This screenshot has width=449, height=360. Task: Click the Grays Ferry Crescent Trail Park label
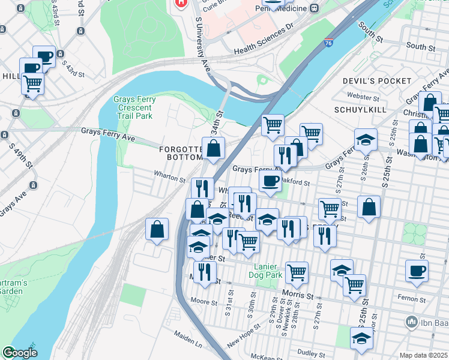[x=135, y=107]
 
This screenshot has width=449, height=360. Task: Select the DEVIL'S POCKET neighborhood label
[x=377, y=80]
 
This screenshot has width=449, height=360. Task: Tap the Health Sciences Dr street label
[x=263, y=40]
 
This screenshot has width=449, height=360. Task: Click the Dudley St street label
[x=310, y=353]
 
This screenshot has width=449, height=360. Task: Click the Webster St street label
[x=364, y=96]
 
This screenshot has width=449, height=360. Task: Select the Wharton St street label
[x=169, y=178]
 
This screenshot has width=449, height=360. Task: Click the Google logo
[x=20, y=353]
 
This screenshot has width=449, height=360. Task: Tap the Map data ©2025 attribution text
[x=423, y=355]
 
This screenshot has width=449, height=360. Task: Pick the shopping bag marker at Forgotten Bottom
[x=213, y=148]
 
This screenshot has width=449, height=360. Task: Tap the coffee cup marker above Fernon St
[x=417, y=271]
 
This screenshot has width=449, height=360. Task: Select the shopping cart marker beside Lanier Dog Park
[x=297, y=272]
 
